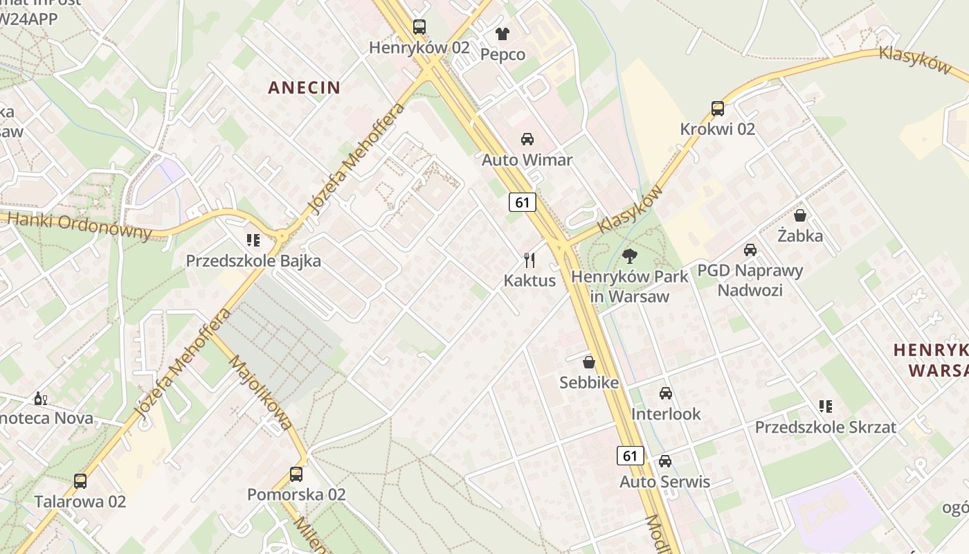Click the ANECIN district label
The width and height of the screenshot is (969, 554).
[304, 87]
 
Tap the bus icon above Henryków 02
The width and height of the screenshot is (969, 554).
[419, 27]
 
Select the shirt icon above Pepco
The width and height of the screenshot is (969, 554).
[502, 33]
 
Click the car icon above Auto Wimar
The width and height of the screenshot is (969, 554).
[527, 139]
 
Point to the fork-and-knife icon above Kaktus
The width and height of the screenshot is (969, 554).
[529, 260]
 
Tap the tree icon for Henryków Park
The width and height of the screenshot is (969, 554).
[629, 256]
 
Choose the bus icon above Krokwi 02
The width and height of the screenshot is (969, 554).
[718, 109]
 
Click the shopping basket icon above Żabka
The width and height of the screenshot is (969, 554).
[800, 215]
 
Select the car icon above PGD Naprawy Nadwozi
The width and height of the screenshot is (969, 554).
[750, 250]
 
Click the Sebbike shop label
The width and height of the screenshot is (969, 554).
[589, 382]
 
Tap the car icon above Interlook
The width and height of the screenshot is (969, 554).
[666, 393]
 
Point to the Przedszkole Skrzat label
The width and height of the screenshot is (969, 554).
[825, 427]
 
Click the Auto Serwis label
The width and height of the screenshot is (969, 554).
[664, 481]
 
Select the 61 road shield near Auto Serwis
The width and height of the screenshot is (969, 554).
[630, 456]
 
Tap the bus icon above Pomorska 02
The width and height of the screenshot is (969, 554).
[296, 474]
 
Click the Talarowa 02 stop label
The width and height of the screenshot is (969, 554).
[80, 501]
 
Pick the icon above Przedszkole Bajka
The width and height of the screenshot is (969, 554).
[253, 240]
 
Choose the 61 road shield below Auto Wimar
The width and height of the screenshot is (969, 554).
[523, 202]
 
